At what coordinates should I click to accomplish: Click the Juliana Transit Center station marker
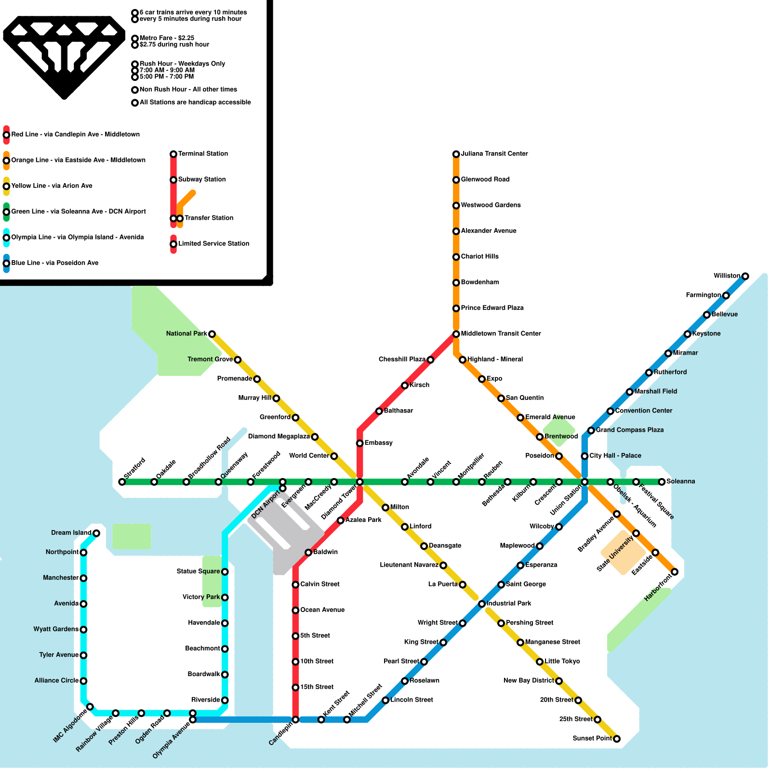[456, 154]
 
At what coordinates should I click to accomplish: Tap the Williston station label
[727, 276]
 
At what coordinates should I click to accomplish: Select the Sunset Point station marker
[616, 739]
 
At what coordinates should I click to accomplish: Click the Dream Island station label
[71, 532]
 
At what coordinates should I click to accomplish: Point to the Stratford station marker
[122, 482]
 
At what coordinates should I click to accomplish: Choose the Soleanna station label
[680, 481]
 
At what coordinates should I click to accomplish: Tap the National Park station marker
[212, 334]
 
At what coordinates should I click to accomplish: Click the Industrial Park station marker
[481, 604]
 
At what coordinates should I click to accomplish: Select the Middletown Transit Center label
[501, 333]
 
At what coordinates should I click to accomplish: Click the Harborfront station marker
[675, 572]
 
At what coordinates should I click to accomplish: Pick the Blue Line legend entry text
[55, 263]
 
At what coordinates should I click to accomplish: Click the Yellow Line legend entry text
[52, 186]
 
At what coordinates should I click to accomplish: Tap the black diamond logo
[64, 55]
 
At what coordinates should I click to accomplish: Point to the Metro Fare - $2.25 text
[167, 38]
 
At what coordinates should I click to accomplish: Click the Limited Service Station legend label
[213, 243]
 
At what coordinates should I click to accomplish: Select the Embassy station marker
[359, 443]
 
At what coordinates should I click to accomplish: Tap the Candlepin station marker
[295, 720]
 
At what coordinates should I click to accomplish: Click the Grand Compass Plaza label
[629, 430]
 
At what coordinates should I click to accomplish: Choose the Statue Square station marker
[225, 572]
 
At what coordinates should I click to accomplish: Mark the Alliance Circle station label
[56, 680]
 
